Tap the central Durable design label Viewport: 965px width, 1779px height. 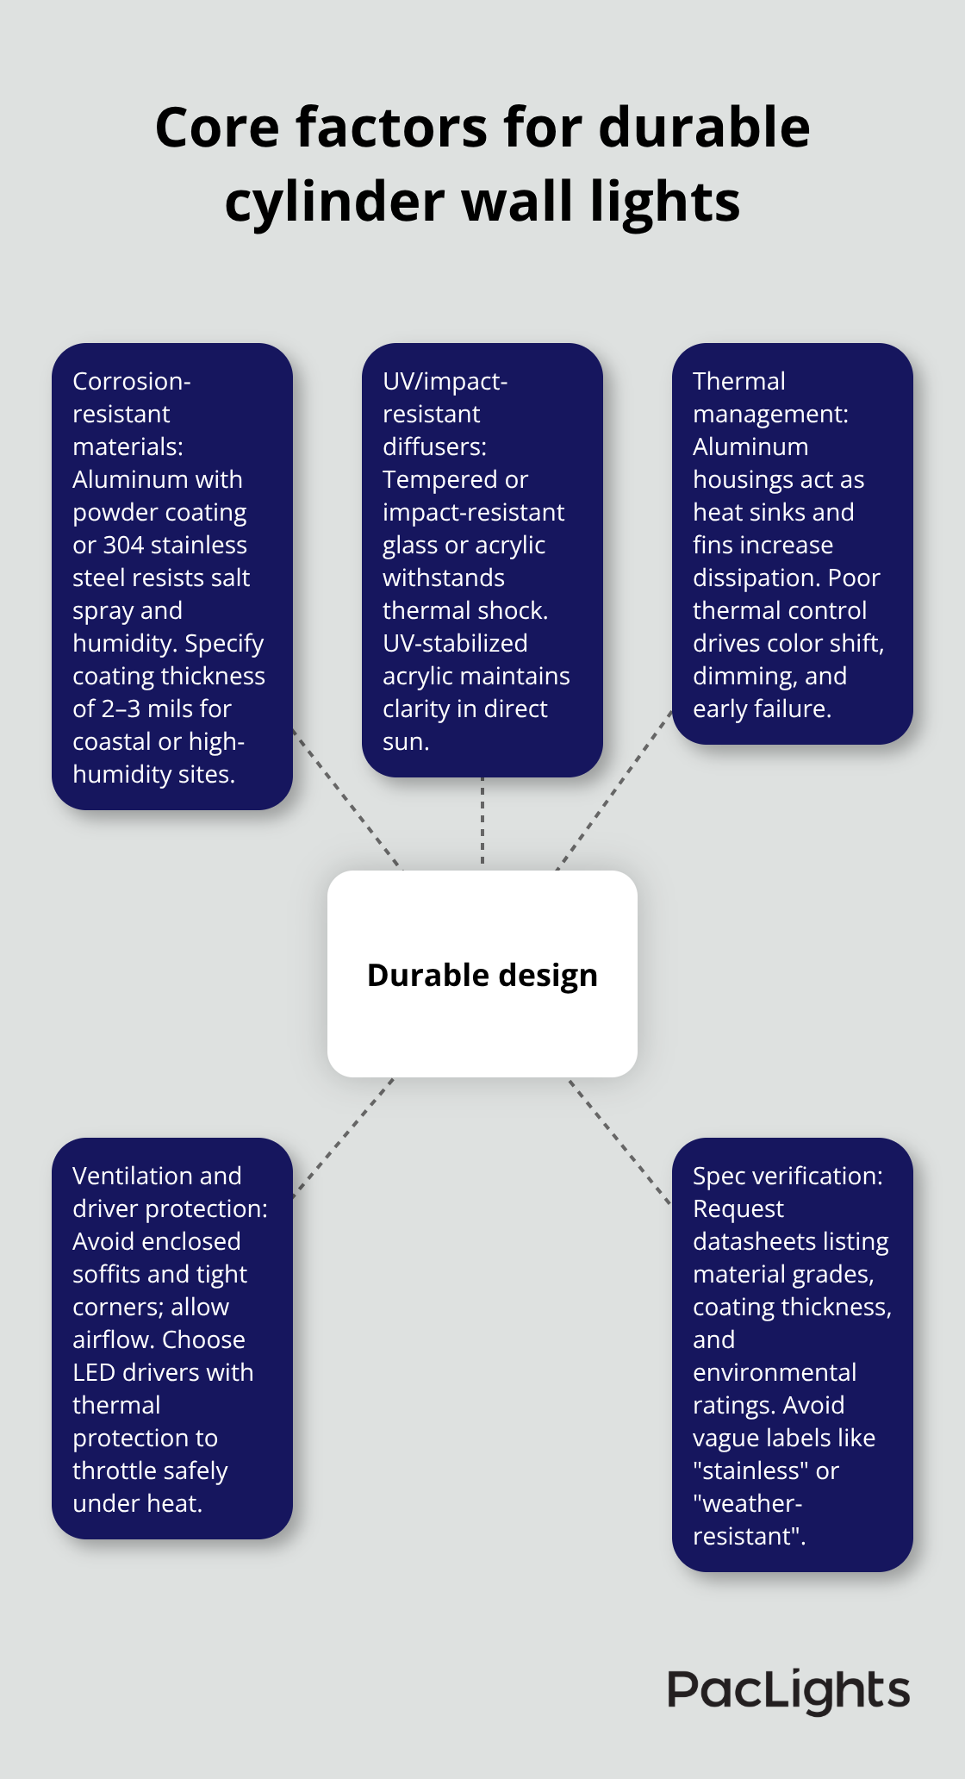[482, 975]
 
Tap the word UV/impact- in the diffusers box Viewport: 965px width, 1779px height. [445, 382]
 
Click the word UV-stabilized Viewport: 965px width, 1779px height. [455, 644]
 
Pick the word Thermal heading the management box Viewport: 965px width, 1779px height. [738, 382]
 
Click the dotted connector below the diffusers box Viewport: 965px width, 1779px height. [482, 823]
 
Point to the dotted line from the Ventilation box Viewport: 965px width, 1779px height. [345, 1136]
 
